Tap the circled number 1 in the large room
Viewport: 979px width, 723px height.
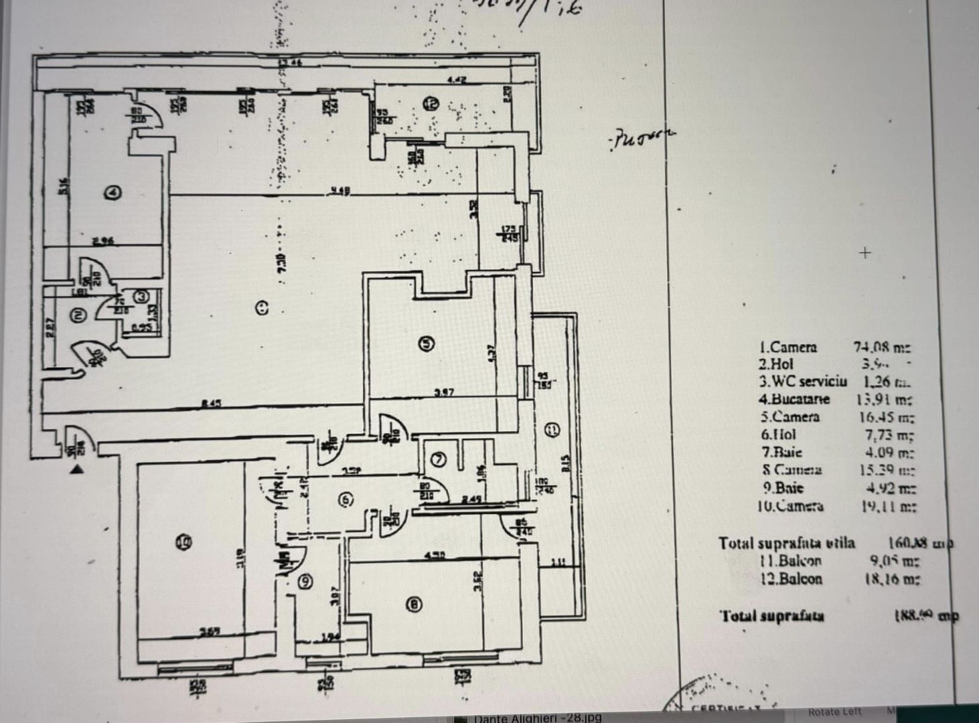click(262, 307)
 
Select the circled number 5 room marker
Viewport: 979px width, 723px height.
click(426, 343)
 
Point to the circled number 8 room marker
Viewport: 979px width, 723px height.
click(415, 605)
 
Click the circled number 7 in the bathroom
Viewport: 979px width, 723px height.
click(439, 459)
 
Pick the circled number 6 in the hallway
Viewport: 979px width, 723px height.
click(345, 500)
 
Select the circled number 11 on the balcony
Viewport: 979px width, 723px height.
click(551, 430)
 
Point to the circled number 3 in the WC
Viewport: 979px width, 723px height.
click(141, 296)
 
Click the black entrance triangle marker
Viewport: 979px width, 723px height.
click(78, 469)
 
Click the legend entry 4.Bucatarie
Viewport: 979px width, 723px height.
click(794, 399)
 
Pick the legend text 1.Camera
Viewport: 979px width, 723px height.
click(787, 347)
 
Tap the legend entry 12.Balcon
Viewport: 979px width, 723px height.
click(791, 578)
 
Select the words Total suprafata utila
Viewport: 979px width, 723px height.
click(786, 543)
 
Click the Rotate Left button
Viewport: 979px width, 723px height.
click(834, 712)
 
